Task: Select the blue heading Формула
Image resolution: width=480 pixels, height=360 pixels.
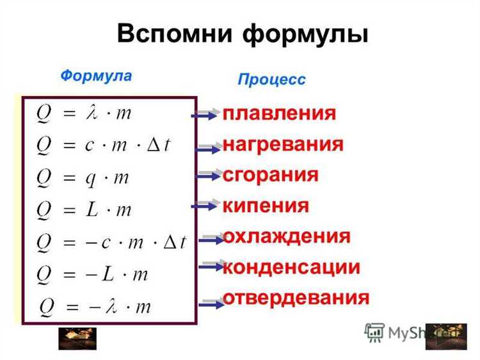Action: coord(96,75)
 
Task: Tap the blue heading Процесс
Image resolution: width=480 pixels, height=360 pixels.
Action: coord(271,79)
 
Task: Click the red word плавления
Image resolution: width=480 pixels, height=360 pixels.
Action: coord(279,114)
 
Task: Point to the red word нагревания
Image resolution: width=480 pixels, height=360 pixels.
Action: coord(283,144)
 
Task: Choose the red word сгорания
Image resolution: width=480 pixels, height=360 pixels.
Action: coord(270,175)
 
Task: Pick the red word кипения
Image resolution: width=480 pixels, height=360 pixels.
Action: coord(266,206)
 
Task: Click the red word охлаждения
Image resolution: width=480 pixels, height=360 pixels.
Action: coord(286,236)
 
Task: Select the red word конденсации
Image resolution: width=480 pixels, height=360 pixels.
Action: coord(291,266)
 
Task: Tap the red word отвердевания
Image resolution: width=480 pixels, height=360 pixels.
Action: coord(296,297)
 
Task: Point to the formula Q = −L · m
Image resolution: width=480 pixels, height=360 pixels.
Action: coord(92,274)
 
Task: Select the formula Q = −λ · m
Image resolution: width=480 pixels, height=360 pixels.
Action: coord(95,306)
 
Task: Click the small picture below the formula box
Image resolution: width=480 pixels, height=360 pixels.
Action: coord(77,338)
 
